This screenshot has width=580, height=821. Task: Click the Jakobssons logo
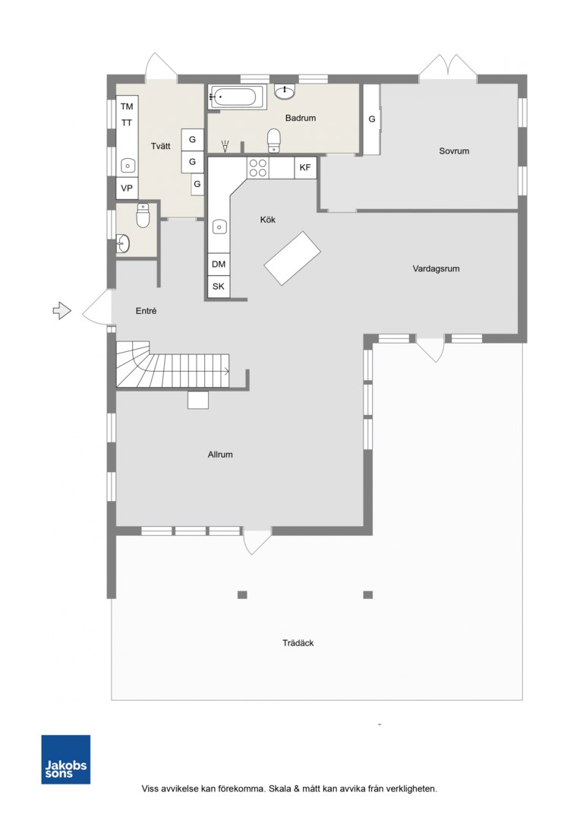point(66,759)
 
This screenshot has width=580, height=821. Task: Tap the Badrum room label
point(301,119)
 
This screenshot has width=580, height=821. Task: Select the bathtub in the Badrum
point(236,97)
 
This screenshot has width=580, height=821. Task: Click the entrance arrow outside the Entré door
point(61,310)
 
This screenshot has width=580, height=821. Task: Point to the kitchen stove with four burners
point(258,167)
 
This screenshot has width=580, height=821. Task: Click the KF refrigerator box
point(305,168)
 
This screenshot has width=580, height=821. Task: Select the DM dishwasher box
point(219,265)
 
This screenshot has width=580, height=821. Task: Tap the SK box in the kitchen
point(219,287)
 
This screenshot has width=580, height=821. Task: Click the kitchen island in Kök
point(292,258)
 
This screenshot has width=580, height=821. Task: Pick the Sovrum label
point(454,151)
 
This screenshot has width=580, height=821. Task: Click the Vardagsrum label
point(437,269)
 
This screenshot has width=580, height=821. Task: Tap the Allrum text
point(220,455)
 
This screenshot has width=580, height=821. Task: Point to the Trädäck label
point(298,643)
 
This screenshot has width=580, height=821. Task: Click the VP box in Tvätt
point(127,188)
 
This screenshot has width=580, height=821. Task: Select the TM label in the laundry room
point(127,107)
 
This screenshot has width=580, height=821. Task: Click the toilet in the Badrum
point(274,141)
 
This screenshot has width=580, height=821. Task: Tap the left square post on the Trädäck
point(242,594)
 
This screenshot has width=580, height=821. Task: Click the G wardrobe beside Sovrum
point(372,119)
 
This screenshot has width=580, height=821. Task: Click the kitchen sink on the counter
point(219,227)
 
